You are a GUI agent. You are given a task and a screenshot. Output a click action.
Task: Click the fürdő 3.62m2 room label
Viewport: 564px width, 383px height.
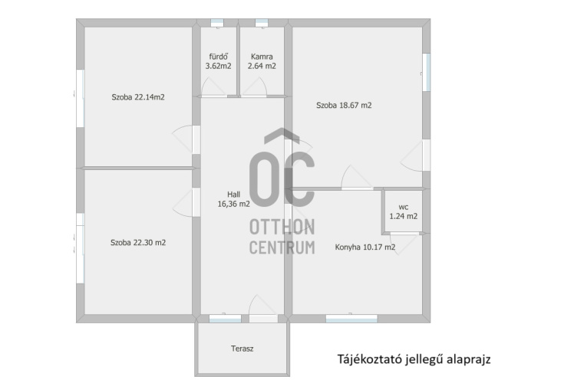point(218,61)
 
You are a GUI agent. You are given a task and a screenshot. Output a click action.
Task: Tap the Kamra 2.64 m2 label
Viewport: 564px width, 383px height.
point(262,61)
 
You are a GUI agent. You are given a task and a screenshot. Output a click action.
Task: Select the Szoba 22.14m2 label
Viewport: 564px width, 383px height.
point(138,97)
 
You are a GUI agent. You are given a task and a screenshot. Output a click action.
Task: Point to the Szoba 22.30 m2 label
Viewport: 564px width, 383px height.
point(138,243)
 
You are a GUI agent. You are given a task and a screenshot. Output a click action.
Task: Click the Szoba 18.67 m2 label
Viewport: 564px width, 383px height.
point(344,105)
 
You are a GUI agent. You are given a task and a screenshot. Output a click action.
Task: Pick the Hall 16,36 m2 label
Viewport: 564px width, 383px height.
point(234,199)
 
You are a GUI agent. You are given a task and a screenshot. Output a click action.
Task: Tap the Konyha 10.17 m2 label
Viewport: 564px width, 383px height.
point(365,247)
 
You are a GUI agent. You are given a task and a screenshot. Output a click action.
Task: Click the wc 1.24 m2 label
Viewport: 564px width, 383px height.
point(404,211)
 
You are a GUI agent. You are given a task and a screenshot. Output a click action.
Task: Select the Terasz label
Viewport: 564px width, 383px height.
point(242,349)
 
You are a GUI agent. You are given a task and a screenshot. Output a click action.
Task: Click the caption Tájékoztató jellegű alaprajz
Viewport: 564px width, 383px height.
point(414,359)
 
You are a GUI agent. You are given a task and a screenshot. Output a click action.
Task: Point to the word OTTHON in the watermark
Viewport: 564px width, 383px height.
point(282,227)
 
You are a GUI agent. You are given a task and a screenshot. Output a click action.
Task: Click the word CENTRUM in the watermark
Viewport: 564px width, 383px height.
point(282,247)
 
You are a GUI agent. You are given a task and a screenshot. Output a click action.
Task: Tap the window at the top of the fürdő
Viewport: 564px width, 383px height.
point(217,23)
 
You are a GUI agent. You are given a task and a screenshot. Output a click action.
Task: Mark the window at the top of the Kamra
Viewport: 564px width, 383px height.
point(262,23)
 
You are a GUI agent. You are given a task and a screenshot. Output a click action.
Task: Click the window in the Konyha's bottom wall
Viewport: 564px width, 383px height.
point(351,319)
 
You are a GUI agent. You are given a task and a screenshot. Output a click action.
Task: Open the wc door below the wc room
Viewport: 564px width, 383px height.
point(404,244)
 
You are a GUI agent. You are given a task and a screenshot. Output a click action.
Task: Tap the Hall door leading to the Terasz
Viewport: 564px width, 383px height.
point(263,308)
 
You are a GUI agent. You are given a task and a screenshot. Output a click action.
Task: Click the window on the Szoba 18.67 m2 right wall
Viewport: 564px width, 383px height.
point(426,72)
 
